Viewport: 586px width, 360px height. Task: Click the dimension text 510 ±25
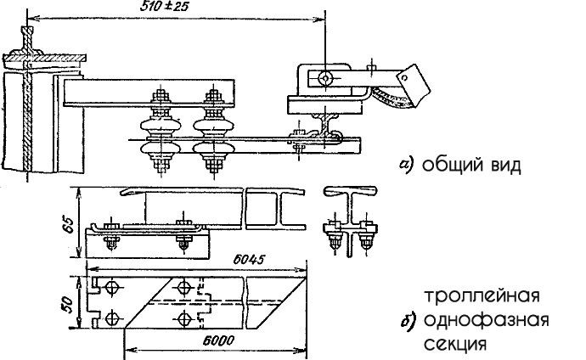164,8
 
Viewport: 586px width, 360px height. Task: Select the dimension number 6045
249,259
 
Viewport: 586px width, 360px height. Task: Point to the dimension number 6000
219,340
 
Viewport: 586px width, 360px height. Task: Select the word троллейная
482,296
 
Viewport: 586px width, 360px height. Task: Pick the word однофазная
487,320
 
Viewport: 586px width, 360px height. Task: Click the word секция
455,345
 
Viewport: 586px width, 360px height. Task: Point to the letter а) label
407,165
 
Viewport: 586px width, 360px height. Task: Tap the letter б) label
408,321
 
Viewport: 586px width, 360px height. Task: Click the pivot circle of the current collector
324,78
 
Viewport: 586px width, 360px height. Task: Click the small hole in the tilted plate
403,77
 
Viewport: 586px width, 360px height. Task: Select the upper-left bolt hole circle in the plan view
112,289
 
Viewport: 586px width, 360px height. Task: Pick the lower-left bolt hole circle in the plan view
112,318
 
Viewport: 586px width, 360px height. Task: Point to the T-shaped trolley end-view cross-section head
350,190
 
